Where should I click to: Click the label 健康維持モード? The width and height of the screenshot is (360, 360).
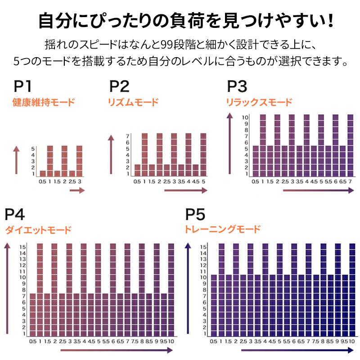[x=43, y=102]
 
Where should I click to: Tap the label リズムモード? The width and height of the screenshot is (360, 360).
[x=133, y=102]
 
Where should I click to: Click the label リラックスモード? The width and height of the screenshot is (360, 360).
[x=259, y=102]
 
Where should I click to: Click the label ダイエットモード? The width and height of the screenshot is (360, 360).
[x=38, y=230]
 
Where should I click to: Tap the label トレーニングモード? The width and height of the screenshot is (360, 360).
[x=222, y=229]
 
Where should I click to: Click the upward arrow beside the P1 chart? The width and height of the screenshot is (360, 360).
[x=17, y=160]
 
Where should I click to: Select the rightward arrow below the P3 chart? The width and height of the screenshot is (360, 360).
[x=318, y=191]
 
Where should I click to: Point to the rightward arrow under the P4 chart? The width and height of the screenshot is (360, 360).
[x=117, y=350]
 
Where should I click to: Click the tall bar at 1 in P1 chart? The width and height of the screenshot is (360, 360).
[x=50, y=161]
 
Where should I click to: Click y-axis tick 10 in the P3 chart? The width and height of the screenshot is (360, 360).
[x=245, y=117]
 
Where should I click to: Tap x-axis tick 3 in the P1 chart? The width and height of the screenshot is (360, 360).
[x=80, y=181]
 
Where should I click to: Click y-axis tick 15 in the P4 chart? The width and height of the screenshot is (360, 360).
[x=22, y=246]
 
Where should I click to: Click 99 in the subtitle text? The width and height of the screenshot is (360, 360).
[x=159, y=45]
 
